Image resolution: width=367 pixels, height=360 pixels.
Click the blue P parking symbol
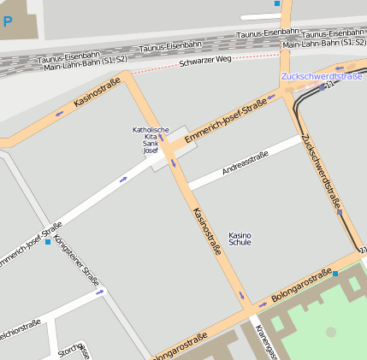tap(8, 21)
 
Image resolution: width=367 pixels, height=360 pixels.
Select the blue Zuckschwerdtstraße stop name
tap(322, 76)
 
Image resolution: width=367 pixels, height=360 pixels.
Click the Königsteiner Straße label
tap(76, 259)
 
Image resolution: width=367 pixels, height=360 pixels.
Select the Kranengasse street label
tap(266, 342)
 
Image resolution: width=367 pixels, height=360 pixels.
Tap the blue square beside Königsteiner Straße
tap(48, 242)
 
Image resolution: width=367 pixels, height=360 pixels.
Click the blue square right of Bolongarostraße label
tap(335, 274)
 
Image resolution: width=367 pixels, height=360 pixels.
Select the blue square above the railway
tap(277, 3)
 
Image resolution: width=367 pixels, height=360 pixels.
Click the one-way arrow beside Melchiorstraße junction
tap(100, 292)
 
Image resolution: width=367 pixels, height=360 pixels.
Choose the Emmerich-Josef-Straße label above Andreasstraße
tap(226, 120)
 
